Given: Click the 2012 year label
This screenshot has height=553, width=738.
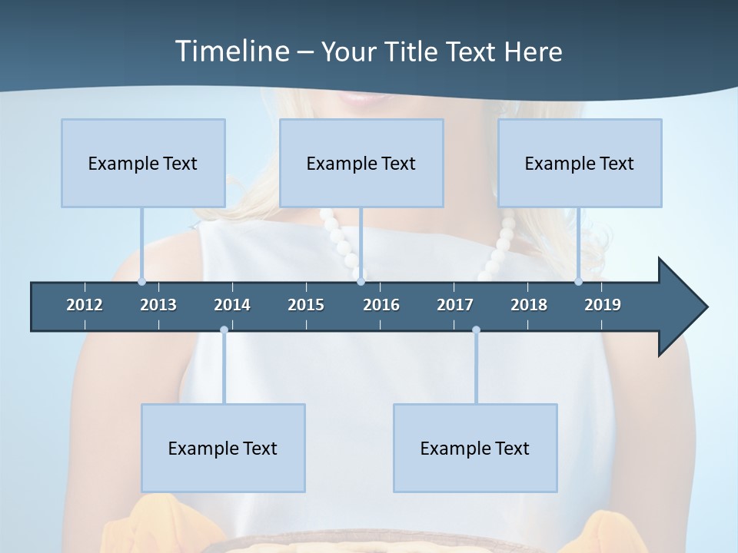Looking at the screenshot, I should [85, 305].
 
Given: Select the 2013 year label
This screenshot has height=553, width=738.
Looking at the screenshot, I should [158, 305].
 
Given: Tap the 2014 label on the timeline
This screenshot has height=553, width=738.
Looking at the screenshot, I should [232, 305].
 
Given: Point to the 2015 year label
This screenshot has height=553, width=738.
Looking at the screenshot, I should [306, 305].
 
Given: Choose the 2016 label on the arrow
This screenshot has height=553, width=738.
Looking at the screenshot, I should [381, 305].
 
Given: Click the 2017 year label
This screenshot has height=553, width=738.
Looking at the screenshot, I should [455, 305].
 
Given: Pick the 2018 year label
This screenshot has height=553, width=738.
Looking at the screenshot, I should [529, 305].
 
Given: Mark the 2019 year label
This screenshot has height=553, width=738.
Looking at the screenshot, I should [603, 305].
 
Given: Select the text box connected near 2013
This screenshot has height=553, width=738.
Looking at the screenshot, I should [143, 163].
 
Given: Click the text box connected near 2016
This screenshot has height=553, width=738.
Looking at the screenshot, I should [361, 163].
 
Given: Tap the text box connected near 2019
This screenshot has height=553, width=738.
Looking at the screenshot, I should [580, 163].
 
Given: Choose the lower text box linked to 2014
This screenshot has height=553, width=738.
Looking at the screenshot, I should [223, 448].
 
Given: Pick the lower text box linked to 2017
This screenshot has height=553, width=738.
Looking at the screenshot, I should [475, 448].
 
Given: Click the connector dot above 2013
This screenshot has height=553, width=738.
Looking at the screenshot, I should [141, 282].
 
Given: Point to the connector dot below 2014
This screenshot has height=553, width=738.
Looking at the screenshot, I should [224, 330].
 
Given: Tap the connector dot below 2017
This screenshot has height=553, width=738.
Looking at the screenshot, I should [476, 330].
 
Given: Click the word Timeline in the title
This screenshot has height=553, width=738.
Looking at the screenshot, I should [231, 51].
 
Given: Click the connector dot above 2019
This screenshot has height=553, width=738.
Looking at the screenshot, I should [578, 282].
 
